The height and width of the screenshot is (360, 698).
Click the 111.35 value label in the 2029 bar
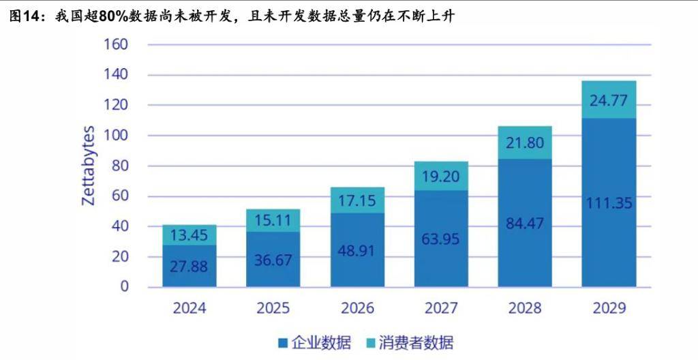[x=609, y=203]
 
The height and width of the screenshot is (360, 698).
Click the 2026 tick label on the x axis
[x=357, y=308]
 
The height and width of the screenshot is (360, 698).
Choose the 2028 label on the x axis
[x=525, y=308]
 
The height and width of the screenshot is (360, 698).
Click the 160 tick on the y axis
[x=115, y=45]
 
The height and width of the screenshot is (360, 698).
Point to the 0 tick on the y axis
[x=123, y=286]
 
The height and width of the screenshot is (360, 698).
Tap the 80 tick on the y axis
[x=119, y=166]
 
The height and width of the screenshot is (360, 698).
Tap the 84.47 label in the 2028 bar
[x=525, y=224]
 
